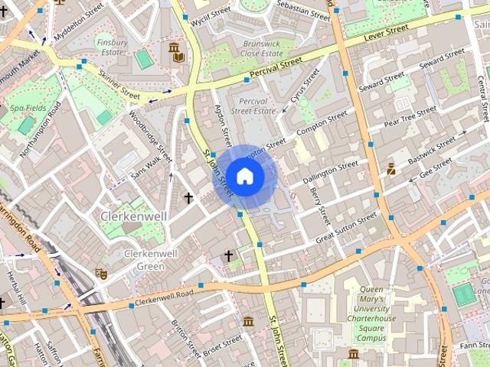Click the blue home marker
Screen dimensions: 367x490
244,176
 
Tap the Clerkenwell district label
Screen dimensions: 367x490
134,216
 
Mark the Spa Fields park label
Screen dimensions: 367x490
26,109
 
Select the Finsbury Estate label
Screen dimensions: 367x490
112,47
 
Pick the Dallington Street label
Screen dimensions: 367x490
331,171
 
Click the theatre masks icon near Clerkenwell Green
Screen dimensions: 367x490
100,273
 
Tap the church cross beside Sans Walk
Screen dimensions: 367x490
188,198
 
